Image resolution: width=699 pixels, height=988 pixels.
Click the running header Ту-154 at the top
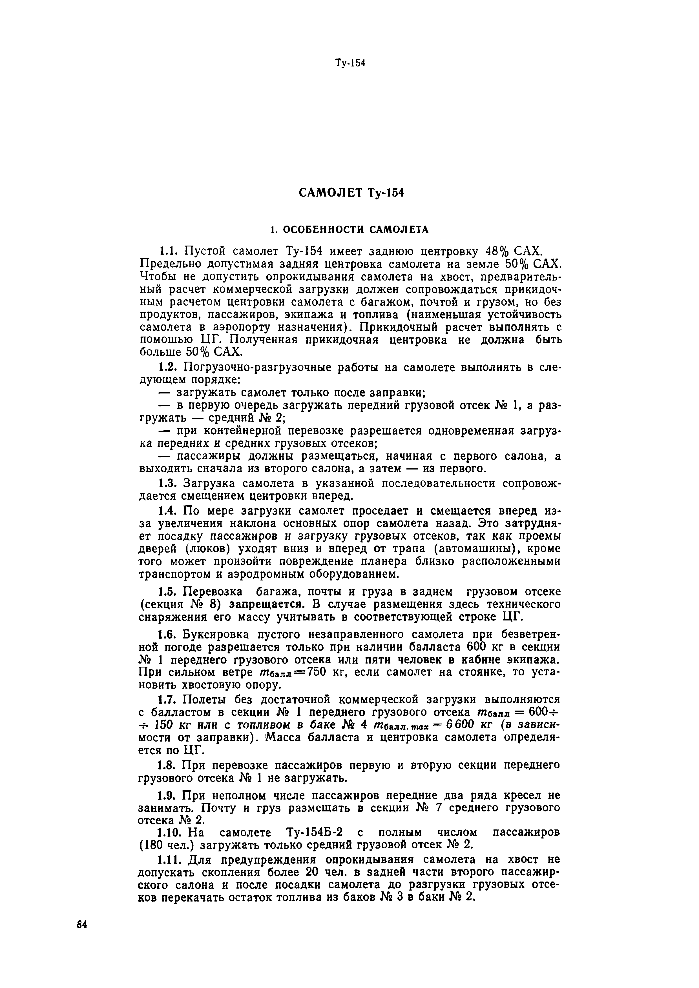coord(350,63)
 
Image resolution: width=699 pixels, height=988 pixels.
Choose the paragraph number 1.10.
coord(171,832)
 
